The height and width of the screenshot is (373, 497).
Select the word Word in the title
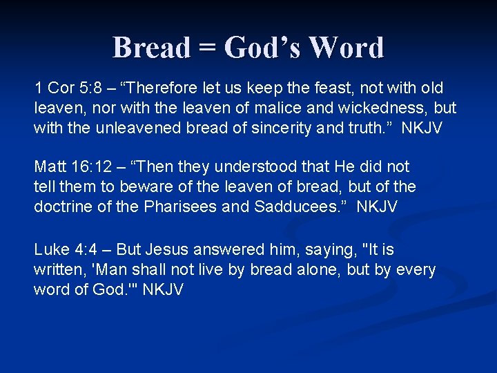point(347,48)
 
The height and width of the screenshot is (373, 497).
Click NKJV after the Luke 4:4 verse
point(163,290)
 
